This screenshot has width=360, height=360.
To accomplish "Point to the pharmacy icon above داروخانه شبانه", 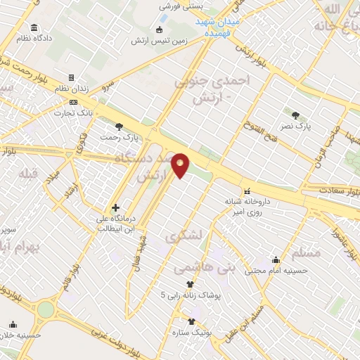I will (x=247, y=191).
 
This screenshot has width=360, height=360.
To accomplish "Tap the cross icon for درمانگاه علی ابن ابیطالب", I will (x=115, y=208).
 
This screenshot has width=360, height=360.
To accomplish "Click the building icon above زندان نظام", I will (x=70, y=78).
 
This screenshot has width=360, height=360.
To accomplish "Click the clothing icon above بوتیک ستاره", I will (x=191, y=320).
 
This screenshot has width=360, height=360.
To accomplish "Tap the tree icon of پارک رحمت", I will (x=118, y=127).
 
